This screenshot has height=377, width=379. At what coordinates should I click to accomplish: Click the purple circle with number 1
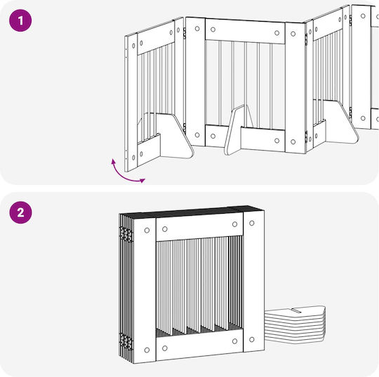20,20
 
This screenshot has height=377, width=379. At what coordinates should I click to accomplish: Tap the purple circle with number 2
20,212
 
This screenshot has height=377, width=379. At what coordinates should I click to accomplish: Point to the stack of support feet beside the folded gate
295,324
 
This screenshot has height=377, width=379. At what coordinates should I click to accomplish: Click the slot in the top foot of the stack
296,310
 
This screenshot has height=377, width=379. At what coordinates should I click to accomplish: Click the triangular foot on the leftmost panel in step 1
175,136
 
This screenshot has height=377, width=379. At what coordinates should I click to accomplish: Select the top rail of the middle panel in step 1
245,31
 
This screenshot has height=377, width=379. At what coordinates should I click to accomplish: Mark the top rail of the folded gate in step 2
199,226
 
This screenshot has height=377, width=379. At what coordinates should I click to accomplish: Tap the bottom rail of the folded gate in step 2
199,345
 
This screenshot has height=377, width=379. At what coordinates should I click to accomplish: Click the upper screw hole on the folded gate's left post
147,231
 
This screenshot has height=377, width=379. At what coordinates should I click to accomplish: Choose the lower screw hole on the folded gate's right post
252,339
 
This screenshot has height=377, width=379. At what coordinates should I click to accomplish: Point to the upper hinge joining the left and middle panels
185,33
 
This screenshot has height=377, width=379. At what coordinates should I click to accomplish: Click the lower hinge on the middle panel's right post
306,137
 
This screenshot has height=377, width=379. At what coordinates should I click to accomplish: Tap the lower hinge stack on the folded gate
126,341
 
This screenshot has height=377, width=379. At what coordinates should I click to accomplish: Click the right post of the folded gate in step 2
253,281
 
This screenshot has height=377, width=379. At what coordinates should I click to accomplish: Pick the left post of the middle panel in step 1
195,82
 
